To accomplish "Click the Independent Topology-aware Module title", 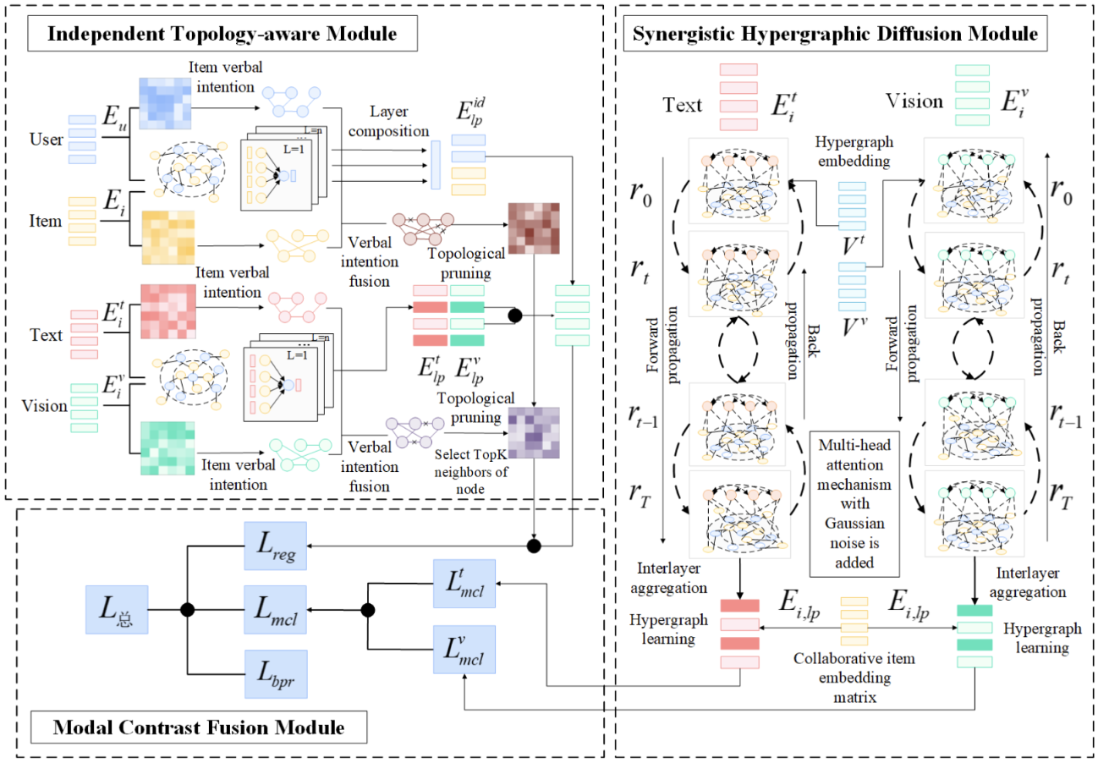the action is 222,33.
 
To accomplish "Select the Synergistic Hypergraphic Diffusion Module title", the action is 835,33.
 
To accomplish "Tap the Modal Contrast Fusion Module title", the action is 199,727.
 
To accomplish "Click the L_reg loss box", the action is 276,546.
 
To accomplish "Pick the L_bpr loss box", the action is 276,674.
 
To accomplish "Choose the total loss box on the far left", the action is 117,610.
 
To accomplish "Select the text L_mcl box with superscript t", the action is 464,584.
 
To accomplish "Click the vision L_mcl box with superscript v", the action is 464,650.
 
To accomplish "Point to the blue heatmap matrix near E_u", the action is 165,103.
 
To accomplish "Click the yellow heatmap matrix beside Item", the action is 168,238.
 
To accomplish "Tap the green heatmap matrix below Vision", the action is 167,448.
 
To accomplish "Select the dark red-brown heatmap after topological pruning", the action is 534,228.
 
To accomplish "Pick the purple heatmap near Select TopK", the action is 534,433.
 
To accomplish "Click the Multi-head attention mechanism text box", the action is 854,504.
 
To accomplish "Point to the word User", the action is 46,140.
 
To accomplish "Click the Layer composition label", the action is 389,121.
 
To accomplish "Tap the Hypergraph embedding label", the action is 854,151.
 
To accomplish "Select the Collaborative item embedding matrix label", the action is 854,678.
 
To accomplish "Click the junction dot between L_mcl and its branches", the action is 368,610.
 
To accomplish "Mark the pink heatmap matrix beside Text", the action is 168,311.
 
